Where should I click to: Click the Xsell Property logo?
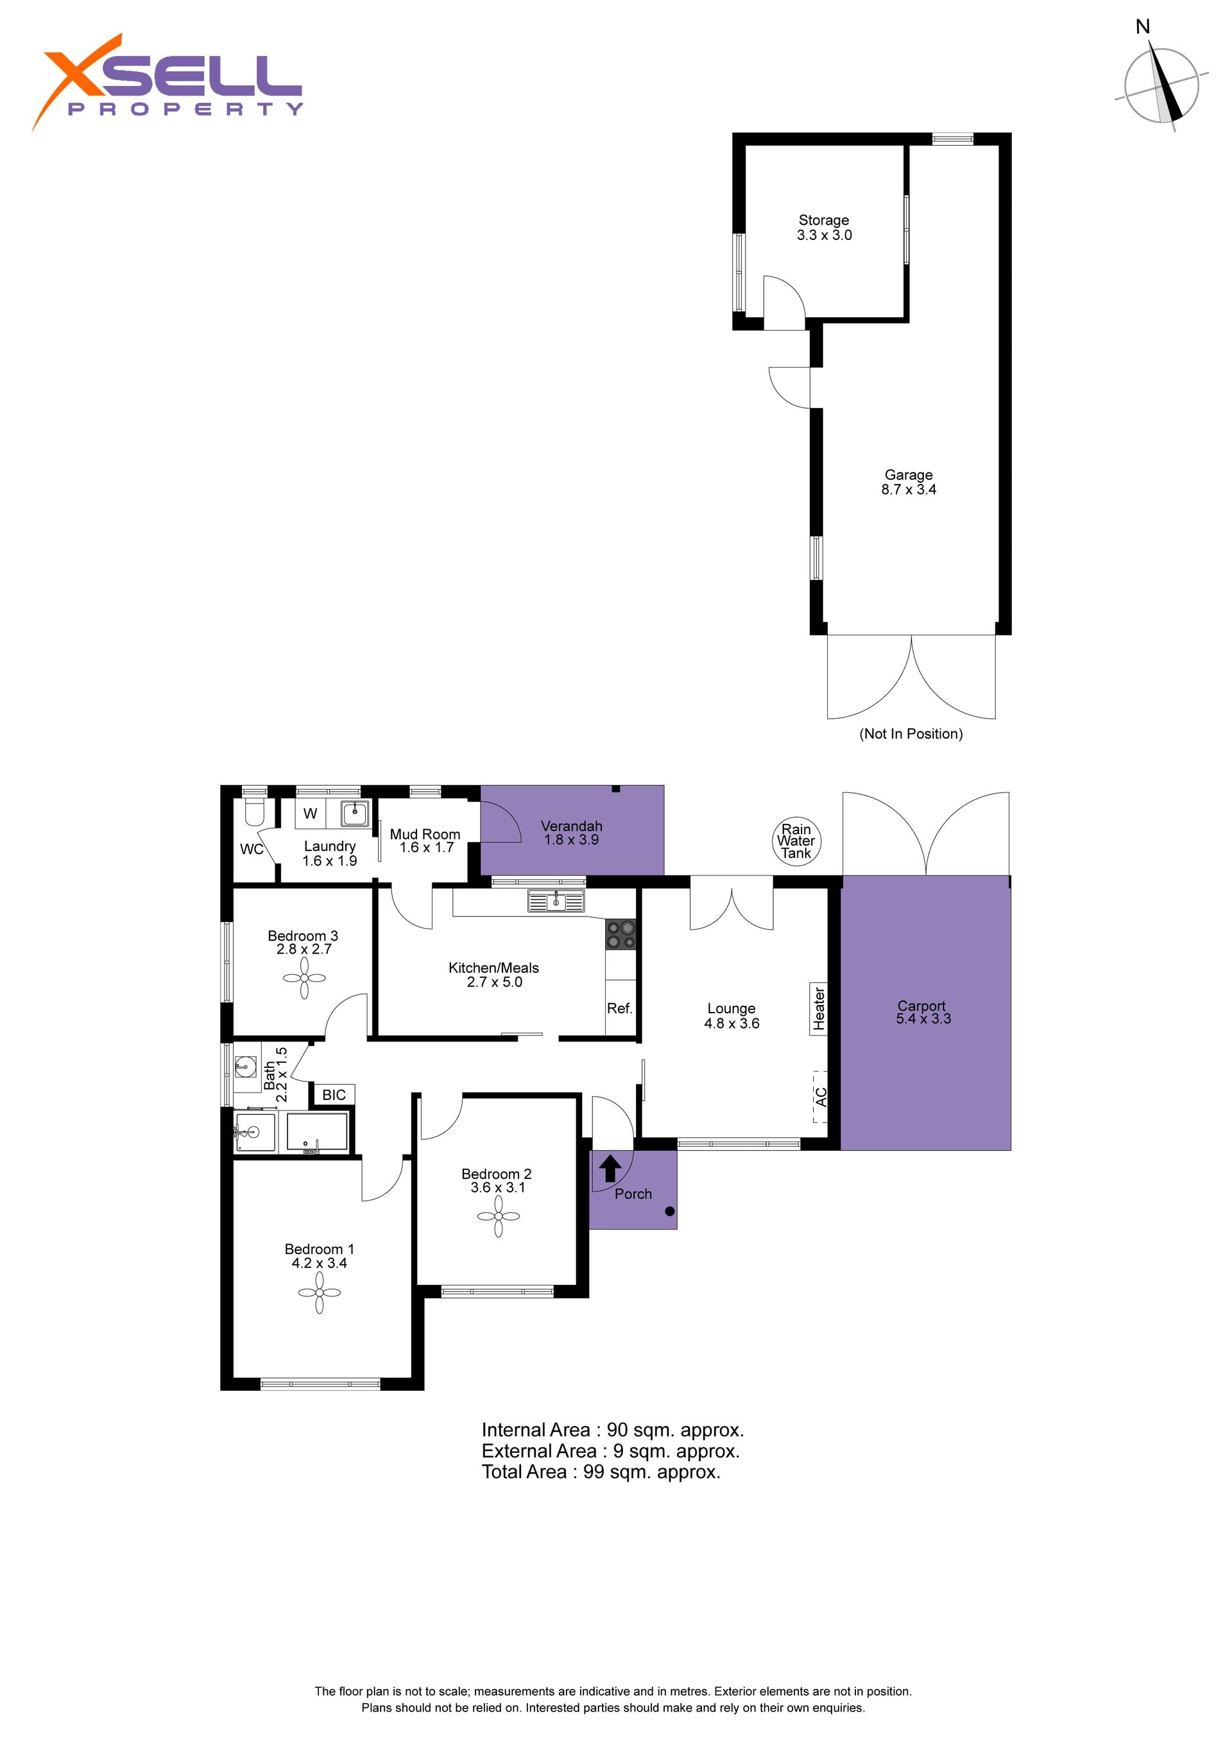167,82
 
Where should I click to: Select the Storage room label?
824,228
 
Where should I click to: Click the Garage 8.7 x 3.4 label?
909,482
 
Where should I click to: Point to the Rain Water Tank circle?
796,841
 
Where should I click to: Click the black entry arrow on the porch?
610,1169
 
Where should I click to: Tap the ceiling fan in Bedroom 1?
320,1292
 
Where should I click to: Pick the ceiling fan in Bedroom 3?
304,978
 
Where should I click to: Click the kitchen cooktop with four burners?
620,934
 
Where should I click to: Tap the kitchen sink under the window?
556,901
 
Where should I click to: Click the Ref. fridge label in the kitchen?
619,1008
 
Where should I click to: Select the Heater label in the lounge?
819,1009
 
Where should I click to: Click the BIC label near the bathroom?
334,1095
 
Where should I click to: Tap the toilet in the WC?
253,812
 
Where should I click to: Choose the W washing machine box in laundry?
311,814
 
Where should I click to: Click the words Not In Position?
911,734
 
